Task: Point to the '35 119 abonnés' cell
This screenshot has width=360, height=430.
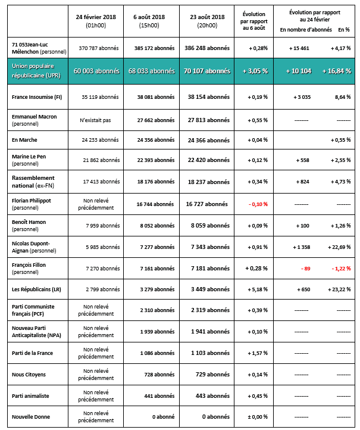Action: pyautogui.click(x=96, y=95)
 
